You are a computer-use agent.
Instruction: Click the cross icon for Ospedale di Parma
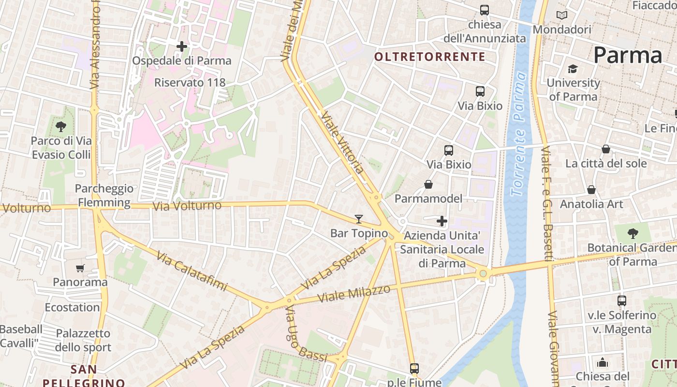click(x=182, y=46)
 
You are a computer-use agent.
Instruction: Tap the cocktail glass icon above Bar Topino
click(x=358, y=219)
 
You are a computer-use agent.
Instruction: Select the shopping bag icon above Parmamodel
click(x=428, y=184)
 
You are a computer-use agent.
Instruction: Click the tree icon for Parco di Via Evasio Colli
click(x=61, y=127)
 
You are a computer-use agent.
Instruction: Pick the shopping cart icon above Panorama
click(x=80, y=268)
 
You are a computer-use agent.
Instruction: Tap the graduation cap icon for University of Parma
click(x=573, y=69)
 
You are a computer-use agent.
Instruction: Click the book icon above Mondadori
click(x=561, y=15)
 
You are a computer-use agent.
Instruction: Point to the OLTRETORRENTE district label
click(x=430, y=57)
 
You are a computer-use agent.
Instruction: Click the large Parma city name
click(x=627, y=55)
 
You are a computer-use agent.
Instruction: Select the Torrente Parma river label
click(x=519, y=134)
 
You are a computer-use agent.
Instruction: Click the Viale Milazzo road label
click(x=353, y=294)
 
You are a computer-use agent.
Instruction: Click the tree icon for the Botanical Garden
click(x=633, y=234)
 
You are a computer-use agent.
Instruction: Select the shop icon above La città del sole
click(x=605, y=149)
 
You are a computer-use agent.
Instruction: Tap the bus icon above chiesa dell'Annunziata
click(x=484, y=10)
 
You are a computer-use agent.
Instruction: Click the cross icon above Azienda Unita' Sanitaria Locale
click(x=442, y=222)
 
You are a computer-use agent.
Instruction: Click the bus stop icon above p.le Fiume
click(x=414, y=368)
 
